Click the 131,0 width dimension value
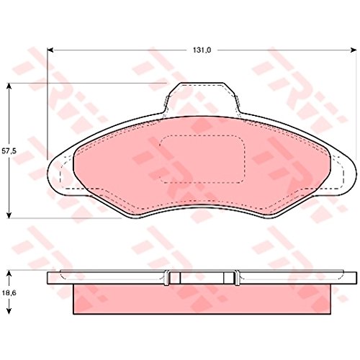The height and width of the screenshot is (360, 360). [x=199, y=50]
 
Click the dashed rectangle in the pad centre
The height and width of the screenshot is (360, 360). [x=202, y=158]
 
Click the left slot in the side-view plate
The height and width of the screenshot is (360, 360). [x=168, y=278]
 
